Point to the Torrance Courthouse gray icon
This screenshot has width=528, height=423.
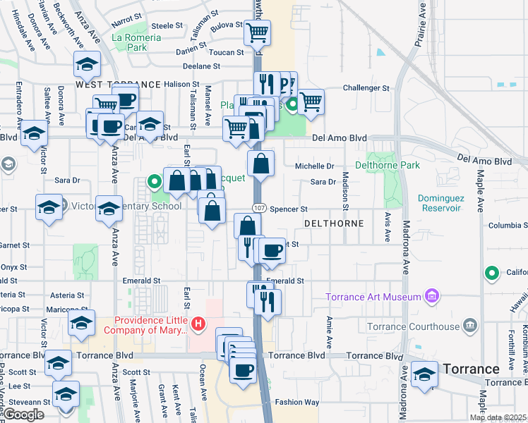(469, 326)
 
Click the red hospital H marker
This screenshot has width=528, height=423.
(199, 324)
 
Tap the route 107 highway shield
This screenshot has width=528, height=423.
(260, 209)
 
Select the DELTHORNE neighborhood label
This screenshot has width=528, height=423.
(333, 223)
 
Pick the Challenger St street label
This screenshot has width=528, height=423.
(366, 89)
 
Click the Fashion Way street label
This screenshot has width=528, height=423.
(297, 403)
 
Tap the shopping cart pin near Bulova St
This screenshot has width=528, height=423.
(257, 31)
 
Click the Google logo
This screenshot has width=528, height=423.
(23, 415)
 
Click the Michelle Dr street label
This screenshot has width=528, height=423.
(314, 166)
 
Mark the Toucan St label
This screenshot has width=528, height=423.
(225, 52)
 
